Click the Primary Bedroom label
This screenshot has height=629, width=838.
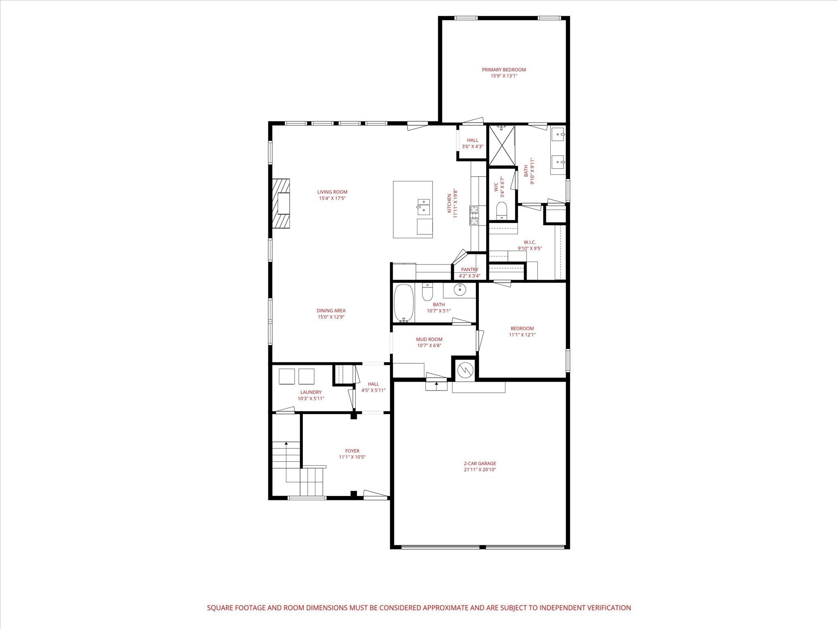[504, 70]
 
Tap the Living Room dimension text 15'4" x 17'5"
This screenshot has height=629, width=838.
[332, 199]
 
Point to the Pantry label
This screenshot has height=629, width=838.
[469, 269]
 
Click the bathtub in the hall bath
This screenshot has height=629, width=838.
[404, 303]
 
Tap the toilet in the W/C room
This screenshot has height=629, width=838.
[501, 210]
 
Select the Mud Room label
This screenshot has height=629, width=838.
[429, 339]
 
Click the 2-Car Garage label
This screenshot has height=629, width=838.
[480, 464]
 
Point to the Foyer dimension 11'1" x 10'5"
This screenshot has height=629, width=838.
[352, 457]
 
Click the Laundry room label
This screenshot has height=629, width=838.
[311, 392]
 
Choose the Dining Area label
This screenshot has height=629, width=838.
[331, 310]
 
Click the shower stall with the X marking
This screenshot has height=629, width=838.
[502, 145]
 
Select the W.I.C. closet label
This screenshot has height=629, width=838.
[529, 242]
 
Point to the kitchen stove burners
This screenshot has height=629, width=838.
[473, 215]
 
